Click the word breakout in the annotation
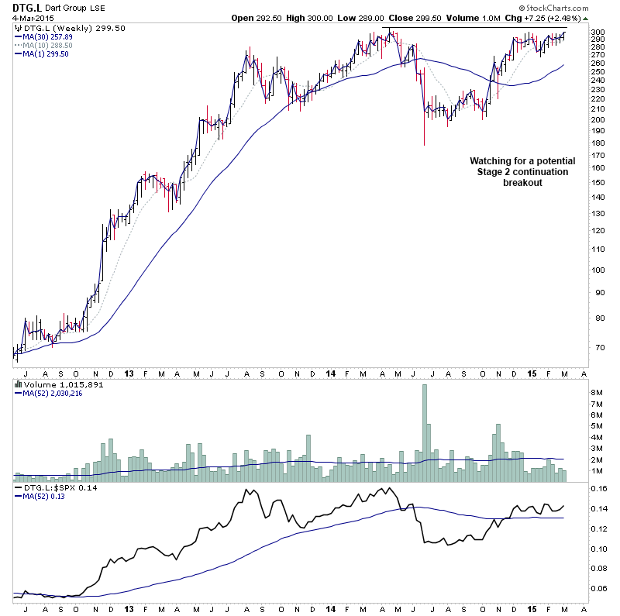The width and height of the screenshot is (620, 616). [522, 183]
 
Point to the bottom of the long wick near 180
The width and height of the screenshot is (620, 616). [424, 145]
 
